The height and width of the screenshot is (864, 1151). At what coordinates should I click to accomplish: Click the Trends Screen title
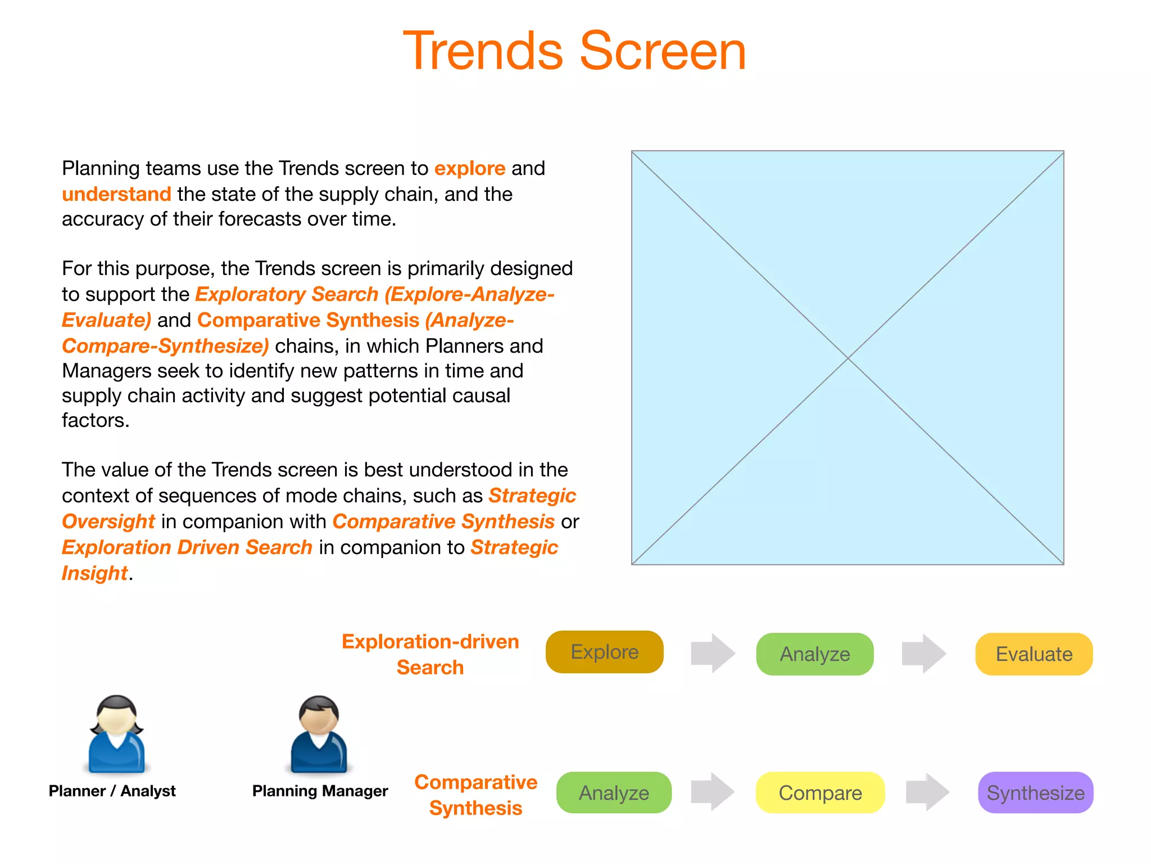(574, 51)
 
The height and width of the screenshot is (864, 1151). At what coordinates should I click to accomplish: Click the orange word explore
(470, 168)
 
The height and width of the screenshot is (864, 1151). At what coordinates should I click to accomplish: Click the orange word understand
(116, 194)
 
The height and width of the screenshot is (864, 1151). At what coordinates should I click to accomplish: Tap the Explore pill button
(604, 652)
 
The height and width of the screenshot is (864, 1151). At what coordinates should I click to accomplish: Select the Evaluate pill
(1034, 654)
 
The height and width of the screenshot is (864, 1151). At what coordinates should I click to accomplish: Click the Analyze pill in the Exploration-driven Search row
(814, 654)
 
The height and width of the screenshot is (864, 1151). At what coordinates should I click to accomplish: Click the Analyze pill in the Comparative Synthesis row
(614, 793)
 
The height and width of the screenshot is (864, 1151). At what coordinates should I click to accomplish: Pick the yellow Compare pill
(820, 793)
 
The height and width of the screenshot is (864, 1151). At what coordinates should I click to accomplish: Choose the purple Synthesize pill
(1035, 793)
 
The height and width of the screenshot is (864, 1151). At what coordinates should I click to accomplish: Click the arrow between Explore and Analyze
(713, 653)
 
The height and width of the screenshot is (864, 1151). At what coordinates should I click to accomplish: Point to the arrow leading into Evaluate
(923, 654)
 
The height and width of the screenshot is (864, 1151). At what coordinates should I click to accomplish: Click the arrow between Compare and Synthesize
(927, 792)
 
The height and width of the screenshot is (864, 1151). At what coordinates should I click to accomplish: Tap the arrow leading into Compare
(712, 792)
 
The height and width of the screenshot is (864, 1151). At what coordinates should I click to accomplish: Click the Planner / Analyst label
(112, 791)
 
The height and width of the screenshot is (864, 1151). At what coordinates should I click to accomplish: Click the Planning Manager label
(320, 791)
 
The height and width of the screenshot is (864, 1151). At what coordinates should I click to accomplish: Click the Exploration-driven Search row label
(430, 654)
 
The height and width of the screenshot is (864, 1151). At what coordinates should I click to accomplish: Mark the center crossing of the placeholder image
(848, 358)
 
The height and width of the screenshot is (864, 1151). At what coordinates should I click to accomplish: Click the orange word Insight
(94, 573)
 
